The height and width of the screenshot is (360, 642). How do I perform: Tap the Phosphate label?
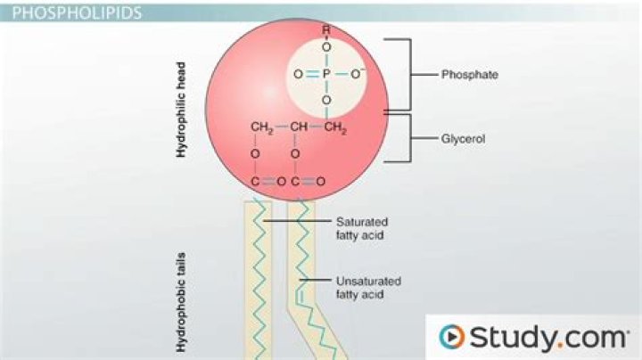tap(469, 75)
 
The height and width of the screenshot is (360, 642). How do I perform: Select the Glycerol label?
tap(464, 139)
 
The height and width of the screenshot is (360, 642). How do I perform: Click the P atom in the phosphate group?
tap(326, 75)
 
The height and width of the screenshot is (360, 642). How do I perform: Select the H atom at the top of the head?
tap(326, 28)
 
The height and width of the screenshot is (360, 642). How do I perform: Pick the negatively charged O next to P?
tap(358, 74)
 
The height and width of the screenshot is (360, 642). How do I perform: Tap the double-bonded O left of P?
tap(297, 75)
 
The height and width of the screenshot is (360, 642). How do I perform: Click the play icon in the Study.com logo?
tap(451, 337)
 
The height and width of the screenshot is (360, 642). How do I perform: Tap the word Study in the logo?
tap(505, 337)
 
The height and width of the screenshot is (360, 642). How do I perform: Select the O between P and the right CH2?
tap(326, 100)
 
